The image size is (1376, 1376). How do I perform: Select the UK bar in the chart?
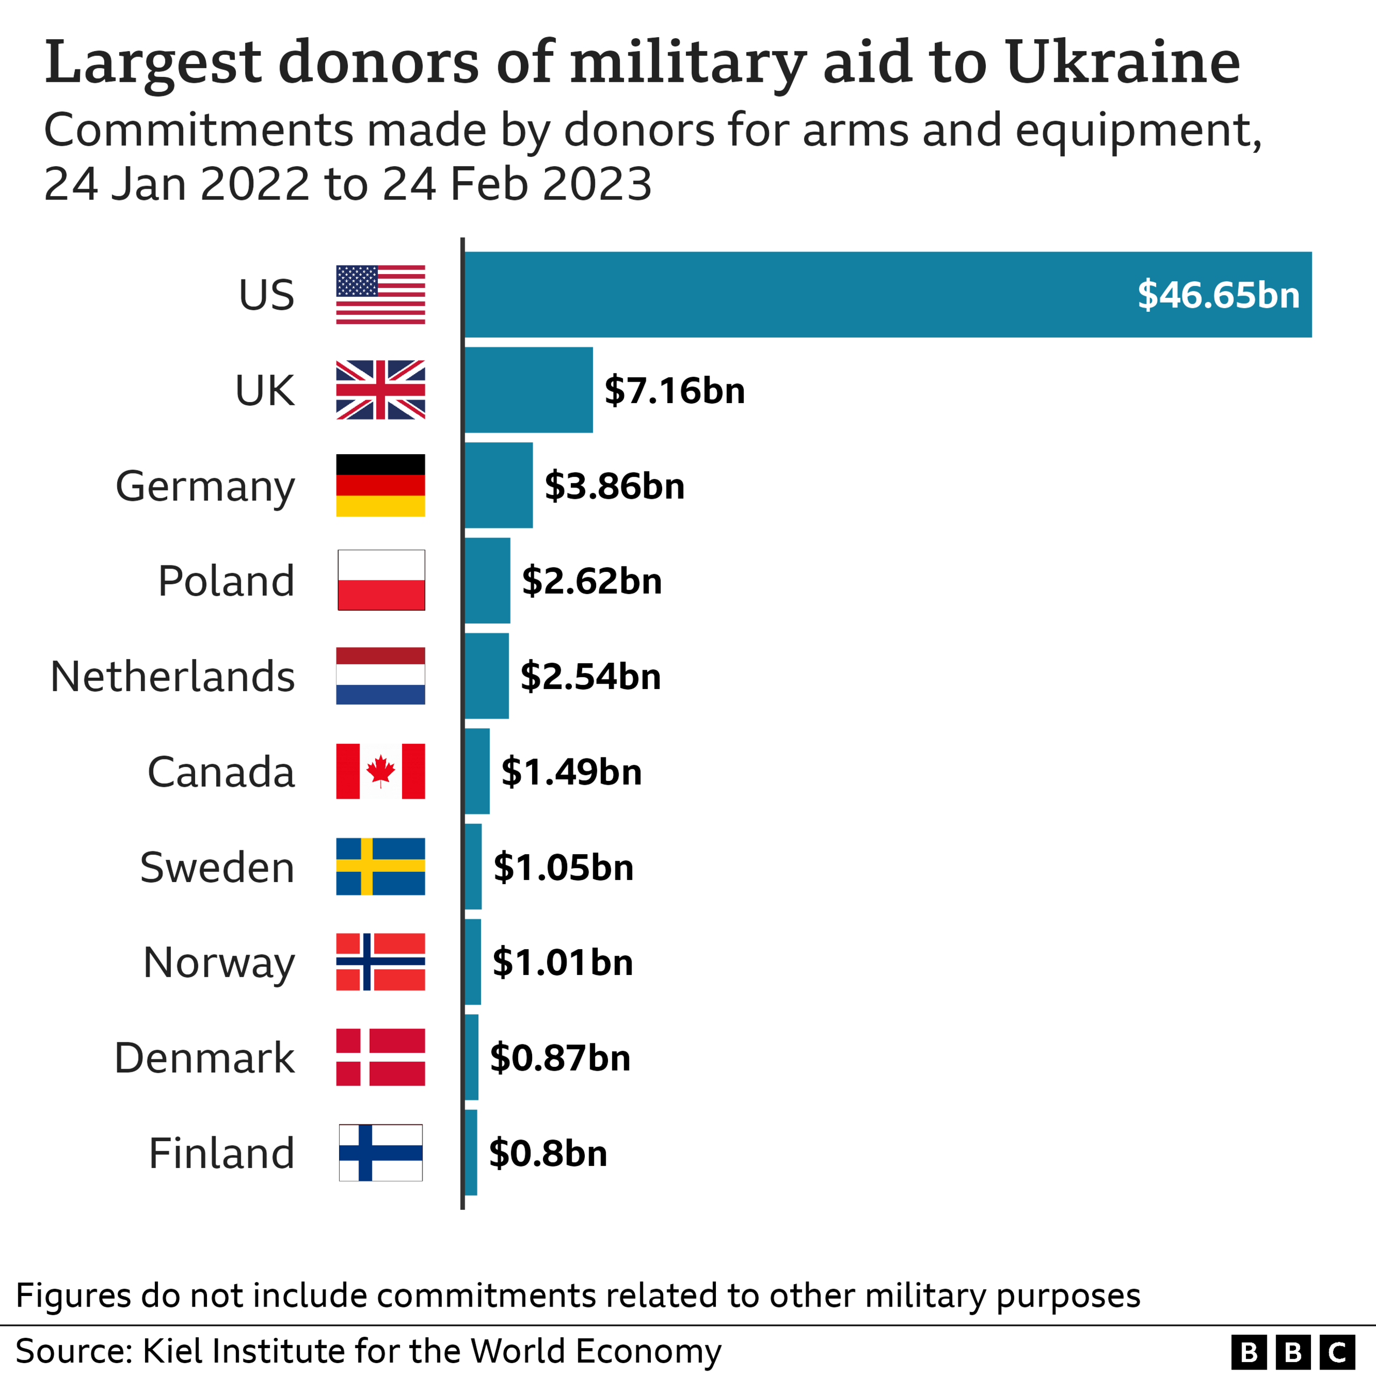click(528, 390)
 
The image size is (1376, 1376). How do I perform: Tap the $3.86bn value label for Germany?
click(614, 486)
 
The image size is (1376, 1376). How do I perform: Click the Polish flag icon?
click(381, 580)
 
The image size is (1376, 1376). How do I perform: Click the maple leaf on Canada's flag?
click(381, 771)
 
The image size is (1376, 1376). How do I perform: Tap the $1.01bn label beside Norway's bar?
click(563, 962)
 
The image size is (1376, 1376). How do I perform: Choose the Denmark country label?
click(204, 1058)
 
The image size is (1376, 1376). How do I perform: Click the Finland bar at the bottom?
click(471, 1152)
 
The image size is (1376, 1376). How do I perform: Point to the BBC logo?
click(1293, 1351)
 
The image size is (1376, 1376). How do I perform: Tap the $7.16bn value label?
click(675, 390)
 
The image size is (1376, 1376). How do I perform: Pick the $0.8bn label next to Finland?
click(548, 1153)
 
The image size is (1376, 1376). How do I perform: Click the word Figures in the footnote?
click(73, 1295)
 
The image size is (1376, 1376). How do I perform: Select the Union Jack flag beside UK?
click(381, 390)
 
